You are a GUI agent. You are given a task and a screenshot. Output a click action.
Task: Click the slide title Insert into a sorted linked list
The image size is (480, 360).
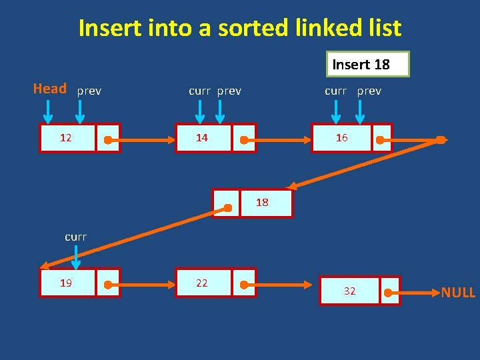click(x=240, y=29)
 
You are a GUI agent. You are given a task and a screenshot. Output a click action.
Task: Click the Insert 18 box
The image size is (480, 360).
click(x=367, y=64)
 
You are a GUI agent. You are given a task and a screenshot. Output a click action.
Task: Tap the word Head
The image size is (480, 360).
click(x=50, y=89)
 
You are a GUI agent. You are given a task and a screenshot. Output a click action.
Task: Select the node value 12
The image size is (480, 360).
click(x=66, y=138)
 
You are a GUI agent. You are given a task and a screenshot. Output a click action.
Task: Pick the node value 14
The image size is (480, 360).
click(x=201, y=138)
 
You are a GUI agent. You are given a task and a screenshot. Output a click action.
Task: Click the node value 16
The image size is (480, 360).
click(x=341, y=138)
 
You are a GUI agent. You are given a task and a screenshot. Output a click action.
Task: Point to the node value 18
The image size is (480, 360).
click(x=263, y=202)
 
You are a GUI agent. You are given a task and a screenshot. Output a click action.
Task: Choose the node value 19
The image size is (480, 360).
click(x=66, y=283)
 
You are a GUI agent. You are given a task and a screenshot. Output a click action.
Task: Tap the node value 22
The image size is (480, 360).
click(x=201, y=283)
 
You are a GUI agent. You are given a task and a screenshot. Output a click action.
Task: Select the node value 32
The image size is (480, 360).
click(x=349, y=291)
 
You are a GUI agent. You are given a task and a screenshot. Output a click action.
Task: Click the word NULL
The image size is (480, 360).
click(x=458, y=292)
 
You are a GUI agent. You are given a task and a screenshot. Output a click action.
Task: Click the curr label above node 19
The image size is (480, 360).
click(x=76, y=237)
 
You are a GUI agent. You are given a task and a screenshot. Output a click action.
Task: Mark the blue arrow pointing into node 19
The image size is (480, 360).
click(x=76, y=257)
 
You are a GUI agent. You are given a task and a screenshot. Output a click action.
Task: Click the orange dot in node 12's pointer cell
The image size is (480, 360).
click(x=107, y=141)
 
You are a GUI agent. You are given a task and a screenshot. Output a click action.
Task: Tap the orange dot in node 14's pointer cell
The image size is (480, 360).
click(x=244, y=141)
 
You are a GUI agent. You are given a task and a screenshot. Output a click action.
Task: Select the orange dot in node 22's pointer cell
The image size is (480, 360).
click(x=244, y=285)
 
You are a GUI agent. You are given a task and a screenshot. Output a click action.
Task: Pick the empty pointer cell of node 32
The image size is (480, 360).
click(x=390, y=291)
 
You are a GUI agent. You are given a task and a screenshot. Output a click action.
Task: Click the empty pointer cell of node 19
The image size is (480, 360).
click(x=108, y=283)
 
